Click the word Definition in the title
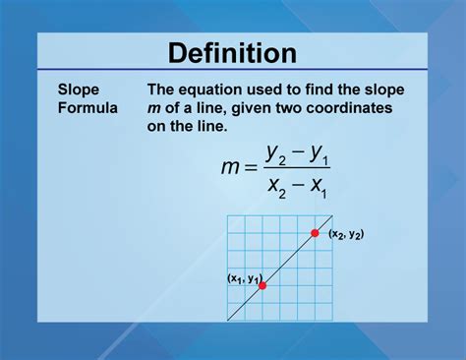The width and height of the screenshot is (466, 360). coord(232,53)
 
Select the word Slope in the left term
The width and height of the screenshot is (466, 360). coord(78,89)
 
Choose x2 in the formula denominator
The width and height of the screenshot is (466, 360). coord(282,185)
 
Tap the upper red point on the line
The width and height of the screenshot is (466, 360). coord(315,233)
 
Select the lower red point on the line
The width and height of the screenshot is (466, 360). coord(262,285)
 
